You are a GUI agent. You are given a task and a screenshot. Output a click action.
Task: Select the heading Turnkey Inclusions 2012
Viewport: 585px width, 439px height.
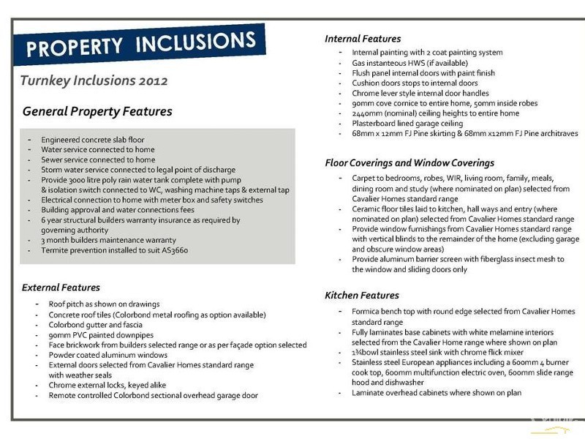click(94, 80)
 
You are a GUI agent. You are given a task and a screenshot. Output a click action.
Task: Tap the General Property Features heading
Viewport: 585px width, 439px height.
click(97, 112)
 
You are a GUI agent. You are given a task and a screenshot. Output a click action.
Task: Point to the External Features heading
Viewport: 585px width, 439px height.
click(61, 288)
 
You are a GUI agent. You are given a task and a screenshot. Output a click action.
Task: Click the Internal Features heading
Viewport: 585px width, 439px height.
click(363, 39)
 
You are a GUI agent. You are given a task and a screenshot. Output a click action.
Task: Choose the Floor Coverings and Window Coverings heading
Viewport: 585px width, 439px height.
click(409, 162)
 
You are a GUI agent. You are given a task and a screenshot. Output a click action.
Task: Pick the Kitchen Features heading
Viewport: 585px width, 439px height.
click(362, 296)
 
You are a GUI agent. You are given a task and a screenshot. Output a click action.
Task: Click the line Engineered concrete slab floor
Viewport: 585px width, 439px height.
click(93, 140)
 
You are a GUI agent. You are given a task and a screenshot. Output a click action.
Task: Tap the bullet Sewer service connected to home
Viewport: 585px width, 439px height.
click(98, 160)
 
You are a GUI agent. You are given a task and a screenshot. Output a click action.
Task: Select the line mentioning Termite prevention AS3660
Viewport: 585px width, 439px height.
click(115, 250)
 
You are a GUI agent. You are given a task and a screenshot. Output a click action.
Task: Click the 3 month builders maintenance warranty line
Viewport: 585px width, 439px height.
click(108, 240)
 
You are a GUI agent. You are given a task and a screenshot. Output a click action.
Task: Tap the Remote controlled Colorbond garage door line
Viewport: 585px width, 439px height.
click(153, 395)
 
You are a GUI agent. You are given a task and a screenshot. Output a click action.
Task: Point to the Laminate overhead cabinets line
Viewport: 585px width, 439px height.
click(437, 392)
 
